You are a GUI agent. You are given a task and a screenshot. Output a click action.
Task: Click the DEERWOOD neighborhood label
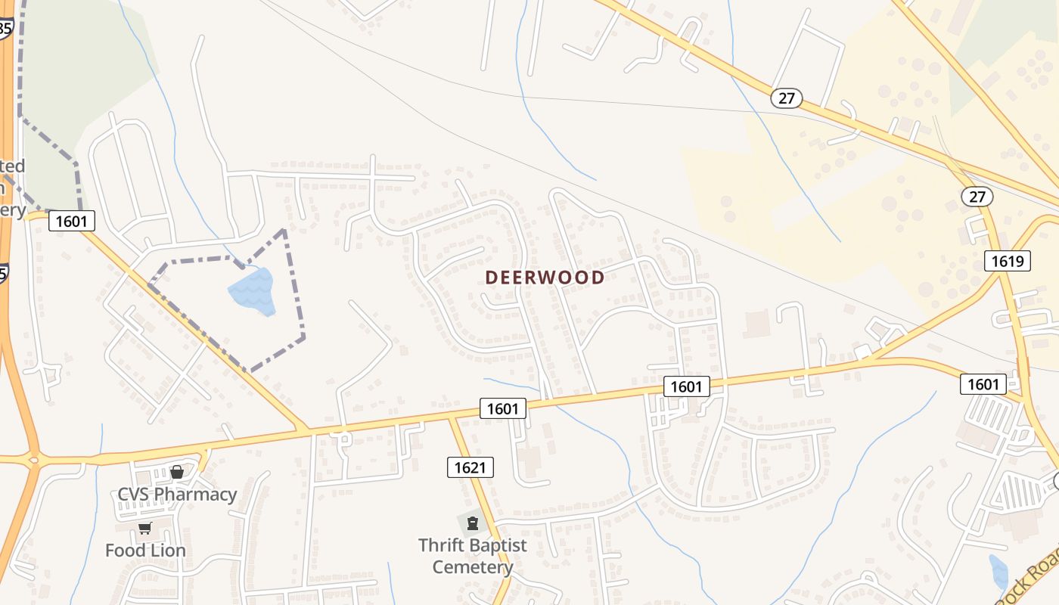tap(545, 278)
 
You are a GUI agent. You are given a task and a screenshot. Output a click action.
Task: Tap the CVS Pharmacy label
tap(177, 495)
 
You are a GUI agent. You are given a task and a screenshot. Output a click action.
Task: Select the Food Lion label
tap(145, 550)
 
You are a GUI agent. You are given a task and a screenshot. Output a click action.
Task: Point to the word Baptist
tap(499, 545)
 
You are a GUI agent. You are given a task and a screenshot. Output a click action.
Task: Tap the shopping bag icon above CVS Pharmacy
tap(177, 472)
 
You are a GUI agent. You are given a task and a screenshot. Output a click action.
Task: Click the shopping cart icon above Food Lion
tap(144, 528)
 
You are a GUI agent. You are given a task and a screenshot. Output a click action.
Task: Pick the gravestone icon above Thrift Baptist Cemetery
tap(473, 523)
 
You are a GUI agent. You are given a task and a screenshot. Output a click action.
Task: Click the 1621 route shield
tap(470, 467)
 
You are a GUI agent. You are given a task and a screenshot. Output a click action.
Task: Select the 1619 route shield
tap(1008, 262)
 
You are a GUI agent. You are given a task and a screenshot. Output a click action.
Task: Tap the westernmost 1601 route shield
tap(72, 222)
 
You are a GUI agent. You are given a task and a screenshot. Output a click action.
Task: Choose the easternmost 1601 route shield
tap(983, 384)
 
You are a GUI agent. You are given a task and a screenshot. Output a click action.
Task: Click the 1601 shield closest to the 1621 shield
tap(502, 409)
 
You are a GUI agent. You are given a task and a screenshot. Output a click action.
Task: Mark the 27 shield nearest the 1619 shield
tap(977, 197)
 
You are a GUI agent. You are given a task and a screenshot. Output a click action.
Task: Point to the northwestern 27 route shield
tap(787, 98)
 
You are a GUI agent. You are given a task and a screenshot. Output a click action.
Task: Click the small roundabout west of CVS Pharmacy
tap(33, 459)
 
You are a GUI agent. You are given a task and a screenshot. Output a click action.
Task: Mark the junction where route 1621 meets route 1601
tap(452, 417)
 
